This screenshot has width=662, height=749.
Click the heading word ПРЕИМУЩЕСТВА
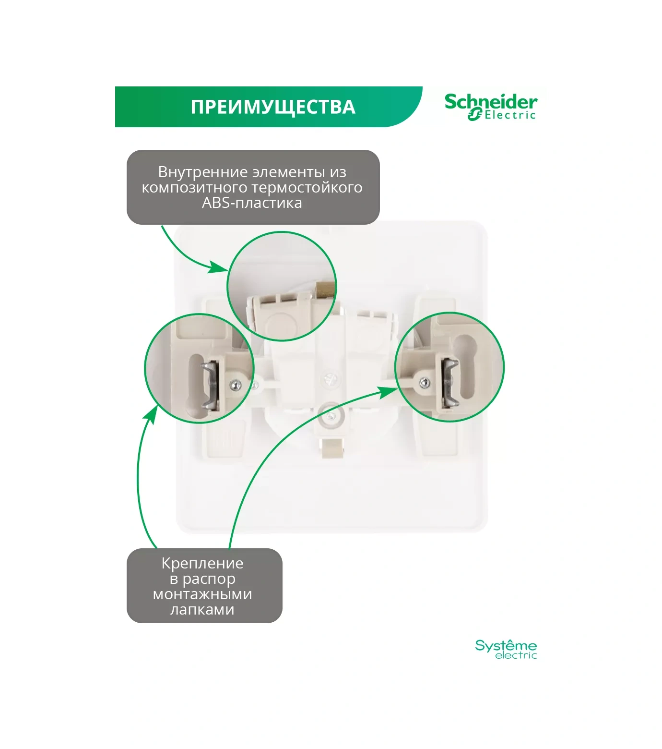click(272, 107)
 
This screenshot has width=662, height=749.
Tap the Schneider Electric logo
click(490, 107)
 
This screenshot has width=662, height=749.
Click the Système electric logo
click(506, 649)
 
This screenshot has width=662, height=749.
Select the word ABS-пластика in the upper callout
click(252, 203)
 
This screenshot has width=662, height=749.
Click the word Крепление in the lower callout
click(202, 563)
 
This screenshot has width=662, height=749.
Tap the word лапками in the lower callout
click(202, 609)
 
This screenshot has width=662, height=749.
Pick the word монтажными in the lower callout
click(202, 594)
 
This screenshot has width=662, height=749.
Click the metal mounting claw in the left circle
click(210, 385)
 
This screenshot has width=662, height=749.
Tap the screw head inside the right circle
click(424, 382)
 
